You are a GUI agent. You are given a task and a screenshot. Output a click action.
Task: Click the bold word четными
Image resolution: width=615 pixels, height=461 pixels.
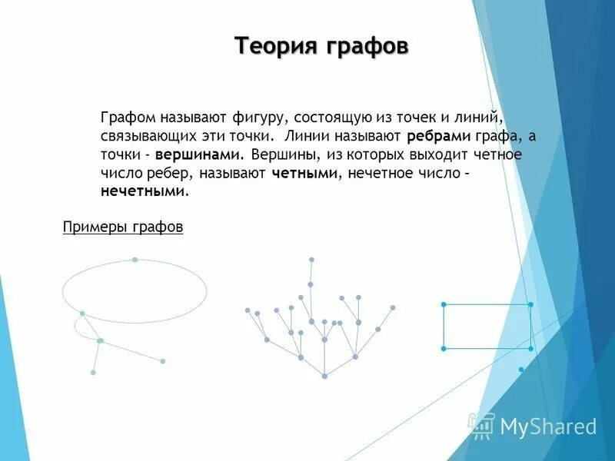[305, 174]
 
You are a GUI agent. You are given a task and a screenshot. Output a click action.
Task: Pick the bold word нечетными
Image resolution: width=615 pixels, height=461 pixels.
[143, 192]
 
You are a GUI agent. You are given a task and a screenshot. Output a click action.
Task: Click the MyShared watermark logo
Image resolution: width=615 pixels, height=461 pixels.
[534, 426]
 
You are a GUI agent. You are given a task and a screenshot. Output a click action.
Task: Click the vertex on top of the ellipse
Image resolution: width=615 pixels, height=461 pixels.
[135, 260]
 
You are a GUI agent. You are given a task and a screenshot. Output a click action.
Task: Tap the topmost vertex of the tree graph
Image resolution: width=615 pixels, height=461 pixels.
[311, 260]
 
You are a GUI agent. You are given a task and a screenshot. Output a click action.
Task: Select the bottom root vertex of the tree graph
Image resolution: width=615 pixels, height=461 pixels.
[325, 376]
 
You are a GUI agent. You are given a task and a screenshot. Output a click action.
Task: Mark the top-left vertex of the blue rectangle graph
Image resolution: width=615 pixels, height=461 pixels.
[444, 305]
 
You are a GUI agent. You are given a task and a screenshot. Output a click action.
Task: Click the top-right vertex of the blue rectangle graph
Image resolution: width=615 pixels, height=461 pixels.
[530, 305]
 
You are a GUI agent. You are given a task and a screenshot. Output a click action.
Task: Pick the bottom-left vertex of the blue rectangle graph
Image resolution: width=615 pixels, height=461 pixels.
[444, 349]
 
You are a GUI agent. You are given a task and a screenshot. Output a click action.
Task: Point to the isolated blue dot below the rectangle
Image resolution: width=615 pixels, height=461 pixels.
[521, 370]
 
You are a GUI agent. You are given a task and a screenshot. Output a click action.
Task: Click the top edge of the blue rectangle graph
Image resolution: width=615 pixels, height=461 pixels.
[487, 305]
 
